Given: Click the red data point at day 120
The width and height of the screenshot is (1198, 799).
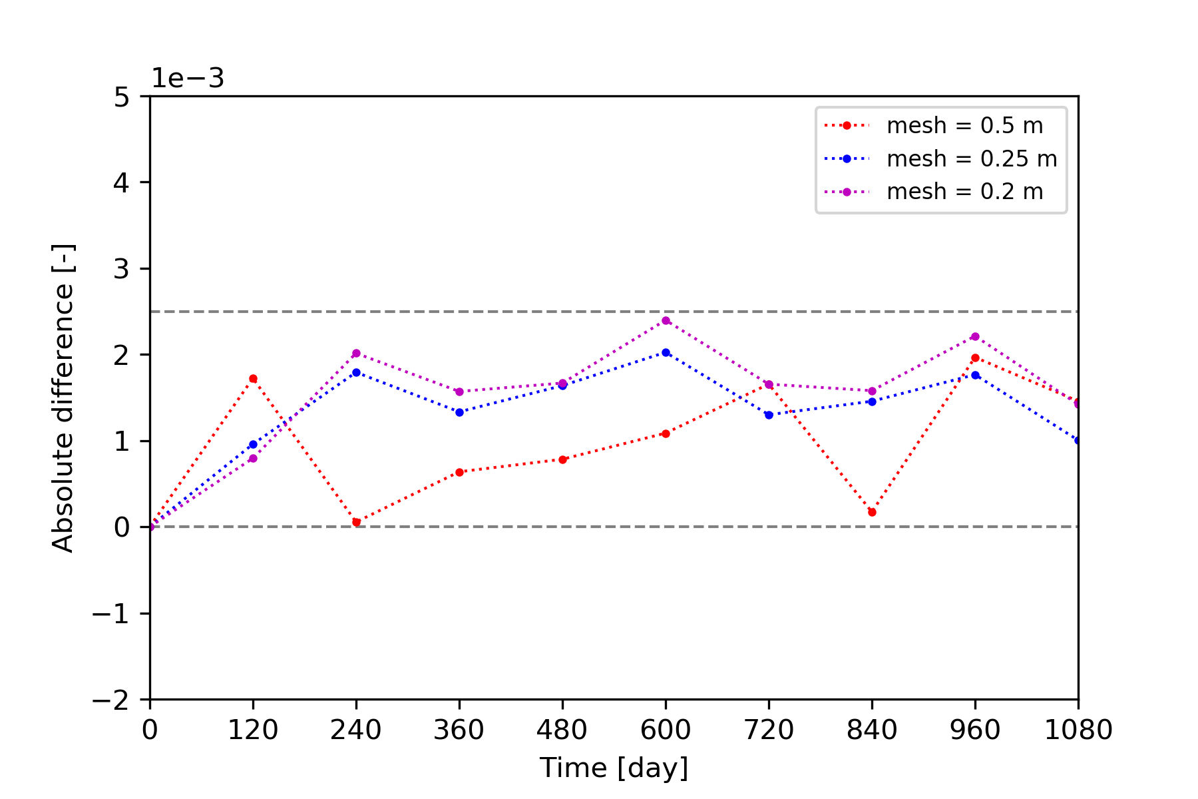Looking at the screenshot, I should (x=253, y=379).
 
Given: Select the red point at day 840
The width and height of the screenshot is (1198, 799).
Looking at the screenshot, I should (x=872, y=512).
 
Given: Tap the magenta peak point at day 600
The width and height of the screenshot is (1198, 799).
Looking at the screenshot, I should (x=666, y=320).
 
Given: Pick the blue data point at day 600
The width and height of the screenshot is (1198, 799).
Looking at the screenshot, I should (x=666, y=352).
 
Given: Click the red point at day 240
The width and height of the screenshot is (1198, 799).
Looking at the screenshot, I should (x=356, y=522).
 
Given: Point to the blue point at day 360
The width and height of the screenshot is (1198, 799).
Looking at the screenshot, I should (x=459, y=412).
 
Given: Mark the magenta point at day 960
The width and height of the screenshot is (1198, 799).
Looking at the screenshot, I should (x=975, y=336).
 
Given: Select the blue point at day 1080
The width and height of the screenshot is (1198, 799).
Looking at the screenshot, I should (x=1078, y=441).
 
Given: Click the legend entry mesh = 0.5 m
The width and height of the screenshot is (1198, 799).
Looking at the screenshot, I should (x=964, y=125).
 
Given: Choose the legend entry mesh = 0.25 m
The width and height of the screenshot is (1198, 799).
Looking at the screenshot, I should (x=972, y=158).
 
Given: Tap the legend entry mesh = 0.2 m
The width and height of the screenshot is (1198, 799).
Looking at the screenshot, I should (x=964, y=192).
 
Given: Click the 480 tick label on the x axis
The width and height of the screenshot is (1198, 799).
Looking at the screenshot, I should (x=562, y=730).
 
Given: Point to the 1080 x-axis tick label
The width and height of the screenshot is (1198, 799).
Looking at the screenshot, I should (x=1078, y=730).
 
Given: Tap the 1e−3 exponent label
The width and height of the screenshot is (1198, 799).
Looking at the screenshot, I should (x=188, y=79).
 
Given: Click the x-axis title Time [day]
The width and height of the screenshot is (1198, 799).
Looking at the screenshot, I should (x=614, y=768).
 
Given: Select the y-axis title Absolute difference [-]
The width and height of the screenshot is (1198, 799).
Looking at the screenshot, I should (x=63, y=398).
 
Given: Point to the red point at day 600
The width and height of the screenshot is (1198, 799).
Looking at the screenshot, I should (x=666, y=433).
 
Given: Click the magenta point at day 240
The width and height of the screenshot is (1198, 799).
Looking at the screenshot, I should (x=356, y=353).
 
